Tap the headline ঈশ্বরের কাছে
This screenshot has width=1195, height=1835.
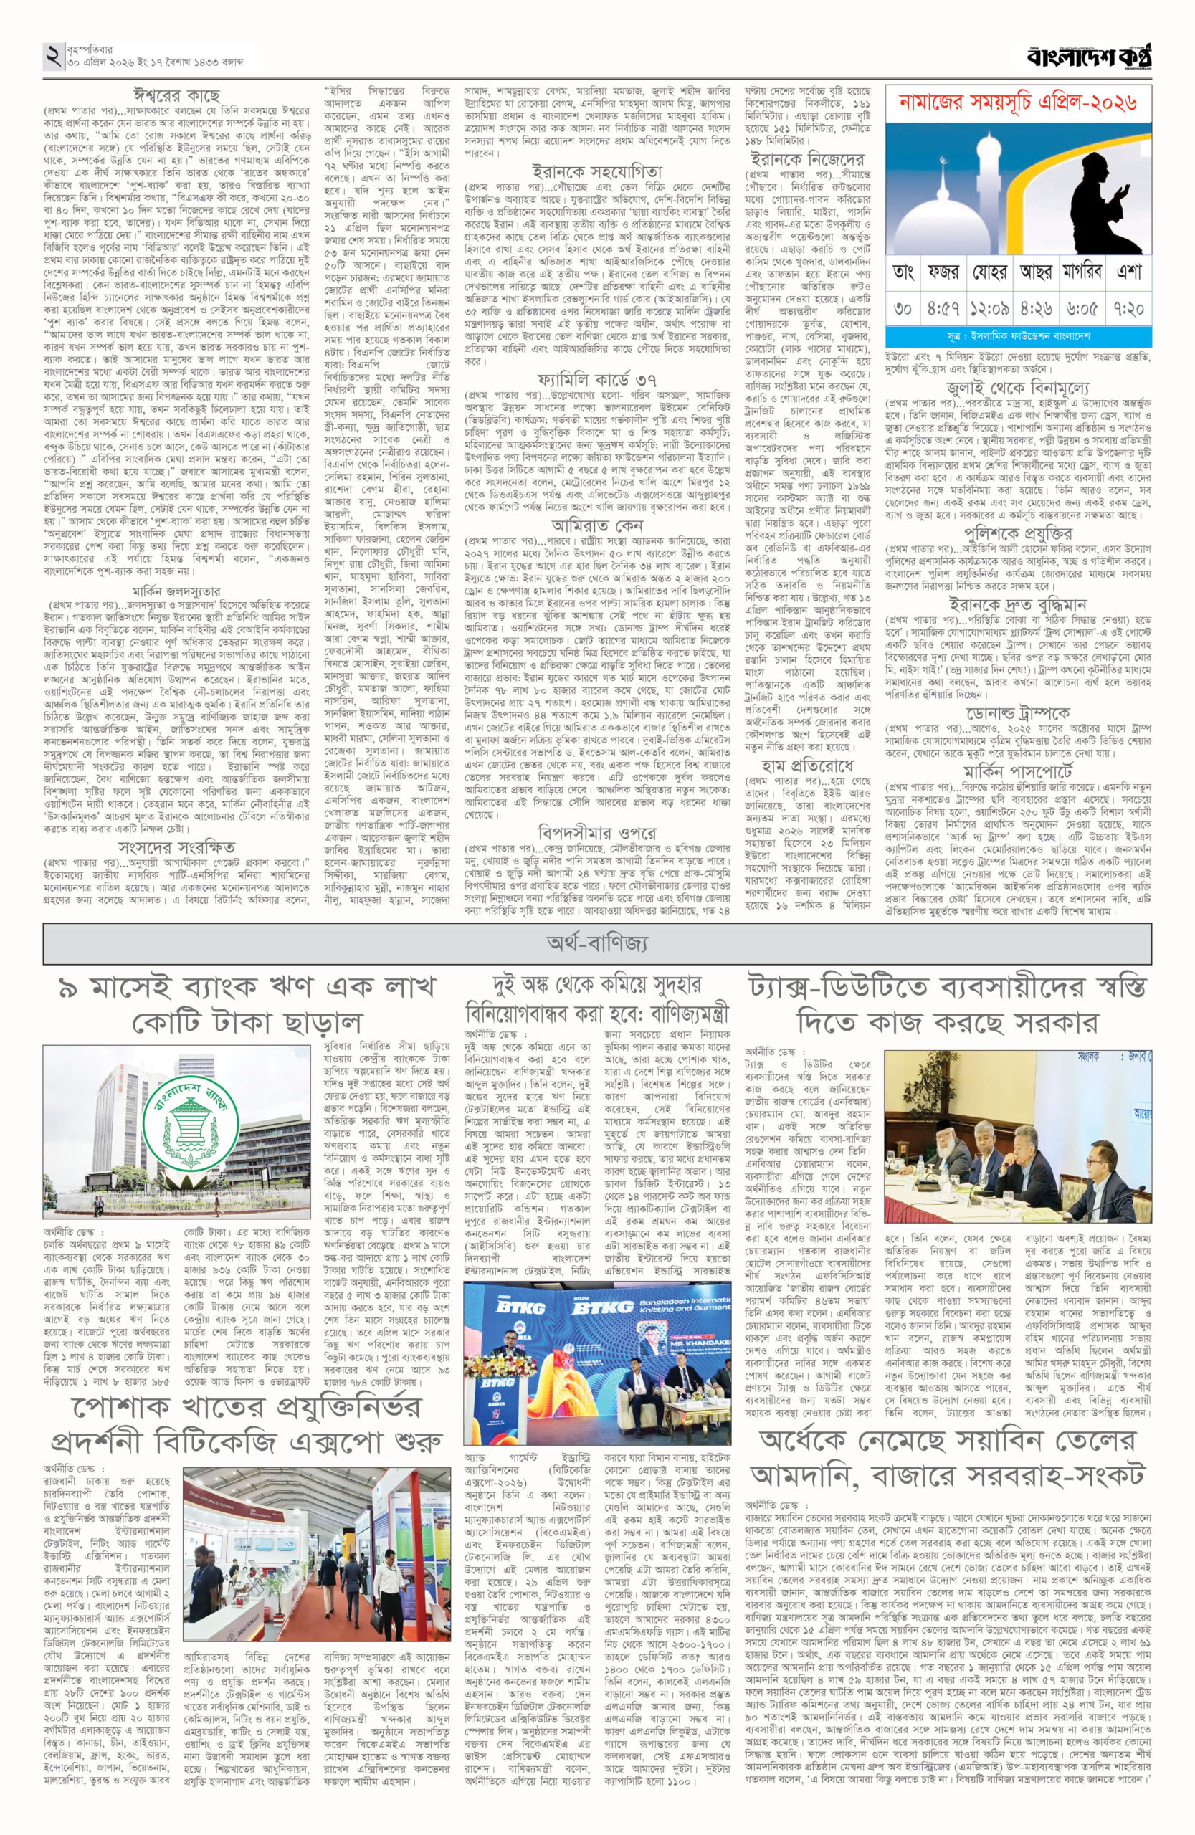point(176,96)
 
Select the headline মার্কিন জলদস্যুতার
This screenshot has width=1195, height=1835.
point(176,591)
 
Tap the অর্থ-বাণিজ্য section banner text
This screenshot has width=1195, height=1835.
point(598,942)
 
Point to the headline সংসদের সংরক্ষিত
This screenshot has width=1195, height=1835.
point(176,846)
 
